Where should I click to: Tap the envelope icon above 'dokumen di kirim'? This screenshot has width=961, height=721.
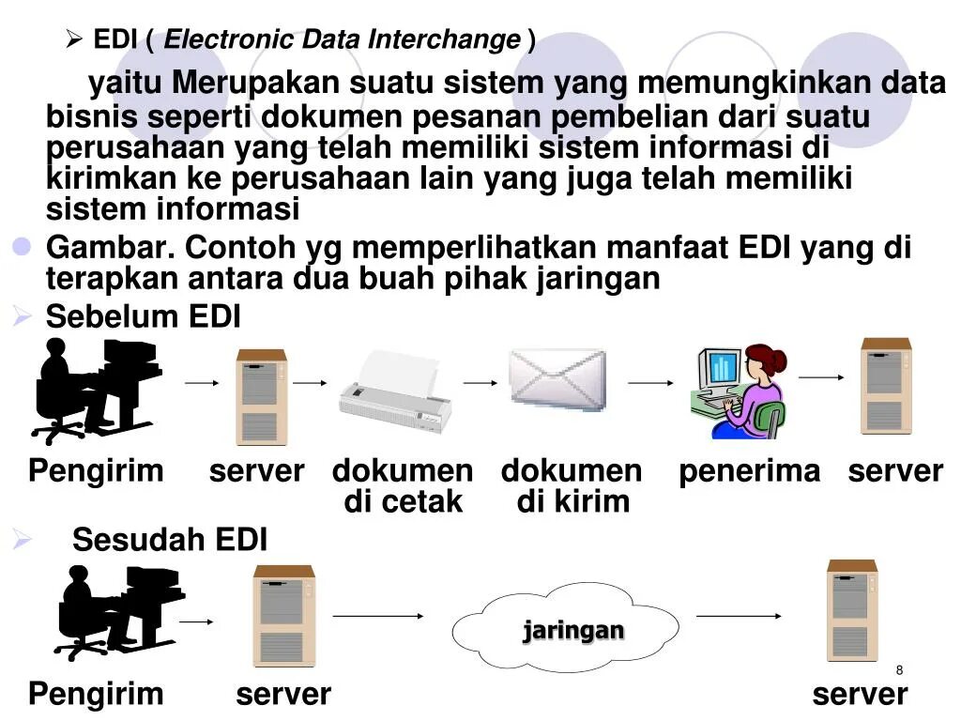(x=557, y=379)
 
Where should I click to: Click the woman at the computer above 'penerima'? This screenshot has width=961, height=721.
(x=740, y=391)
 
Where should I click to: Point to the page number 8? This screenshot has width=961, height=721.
(x=899, y=669)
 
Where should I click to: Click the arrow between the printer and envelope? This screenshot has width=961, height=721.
(x=480, y=383)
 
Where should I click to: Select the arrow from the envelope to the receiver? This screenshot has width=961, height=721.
(x=650, y=383)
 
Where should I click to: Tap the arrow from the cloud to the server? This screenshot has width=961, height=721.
(x=739, y=616)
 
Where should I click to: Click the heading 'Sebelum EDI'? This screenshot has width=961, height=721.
(x=144, y=317)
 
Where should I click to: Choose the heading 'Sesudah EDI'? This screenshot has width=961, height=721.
(x=170, y=540)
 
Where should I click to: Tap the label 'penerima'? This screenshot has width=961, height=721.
(x=749, y=471)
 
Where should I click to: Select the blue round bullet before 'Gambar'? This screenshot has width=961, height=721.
(x=22, y=248)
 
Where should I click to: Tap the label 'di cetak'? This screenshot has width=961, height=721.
(x=404, y=502)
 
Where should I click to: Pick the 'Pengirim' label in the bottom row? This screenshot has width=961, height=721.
(x=96, y=695)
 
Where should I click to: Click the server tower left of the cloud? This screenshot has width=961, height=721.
(x=282, y=615)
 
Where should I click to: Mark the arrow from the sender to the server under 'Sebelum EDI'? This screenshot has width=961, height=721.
(x=201, y=383)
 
